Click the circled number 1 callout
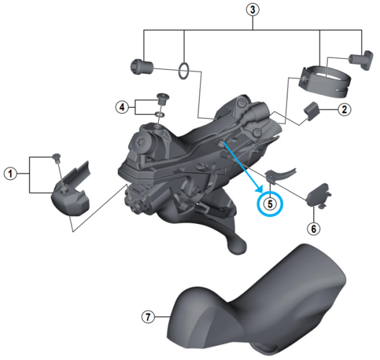[10, 171]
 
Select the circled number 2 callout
[344, 109]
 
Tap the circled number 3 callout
[253, 10]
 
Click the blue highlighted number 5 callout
[270, 204]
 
